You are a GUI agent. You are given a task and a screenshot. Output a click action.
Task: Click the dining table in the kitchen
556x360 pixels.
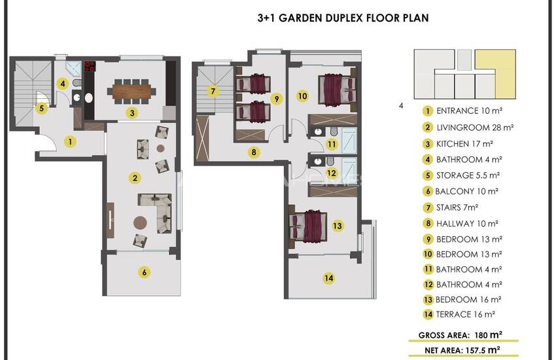click(131, 91)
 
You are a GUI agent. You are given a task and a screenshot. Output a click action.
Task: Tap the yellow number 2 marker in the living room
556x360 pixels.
click(135, 177)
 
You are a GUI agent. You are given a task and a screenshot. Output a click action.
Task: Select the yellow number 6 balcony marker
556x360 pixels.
click(144, 272)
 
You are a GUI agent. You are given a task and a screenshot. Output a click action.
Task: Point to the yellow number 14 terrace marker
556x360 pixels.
click(329, 278)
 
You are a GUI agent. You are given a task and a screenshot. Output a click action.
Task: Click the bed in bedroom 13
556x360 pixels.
click(308, 226)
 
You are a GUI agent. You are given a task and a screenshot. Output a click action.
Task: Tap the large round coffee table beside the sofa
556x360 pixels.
click(140, 223)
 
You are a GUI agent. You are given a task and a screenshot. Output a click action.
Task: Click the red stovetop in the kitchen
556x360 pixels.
click(90, 66)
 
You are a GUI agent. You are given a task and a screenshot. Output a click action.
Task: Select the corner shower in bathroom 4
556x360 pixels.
click(74, 69)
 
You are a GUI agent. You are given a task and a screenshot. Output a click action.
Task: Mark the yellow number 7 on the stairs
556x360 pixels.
click(213, 91)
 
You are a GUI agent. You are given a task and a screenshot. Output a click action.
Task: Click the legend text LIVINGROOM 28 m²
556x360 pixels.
click(475, 128)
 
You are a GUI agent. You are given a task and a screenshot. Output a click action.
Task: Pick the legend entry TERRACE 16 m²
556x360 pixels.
click(465, 315)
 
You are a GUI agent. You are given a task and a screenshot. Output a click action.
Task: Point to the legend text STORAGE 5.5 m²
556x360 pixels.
click(468, 175)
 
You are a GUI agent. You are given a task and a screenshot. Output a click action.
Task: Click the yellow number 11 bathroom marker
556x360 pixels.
click(332, 145)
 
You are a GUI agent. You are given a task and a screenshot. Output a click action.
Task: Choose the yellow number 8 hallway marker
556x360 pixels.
click(254, 153)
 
